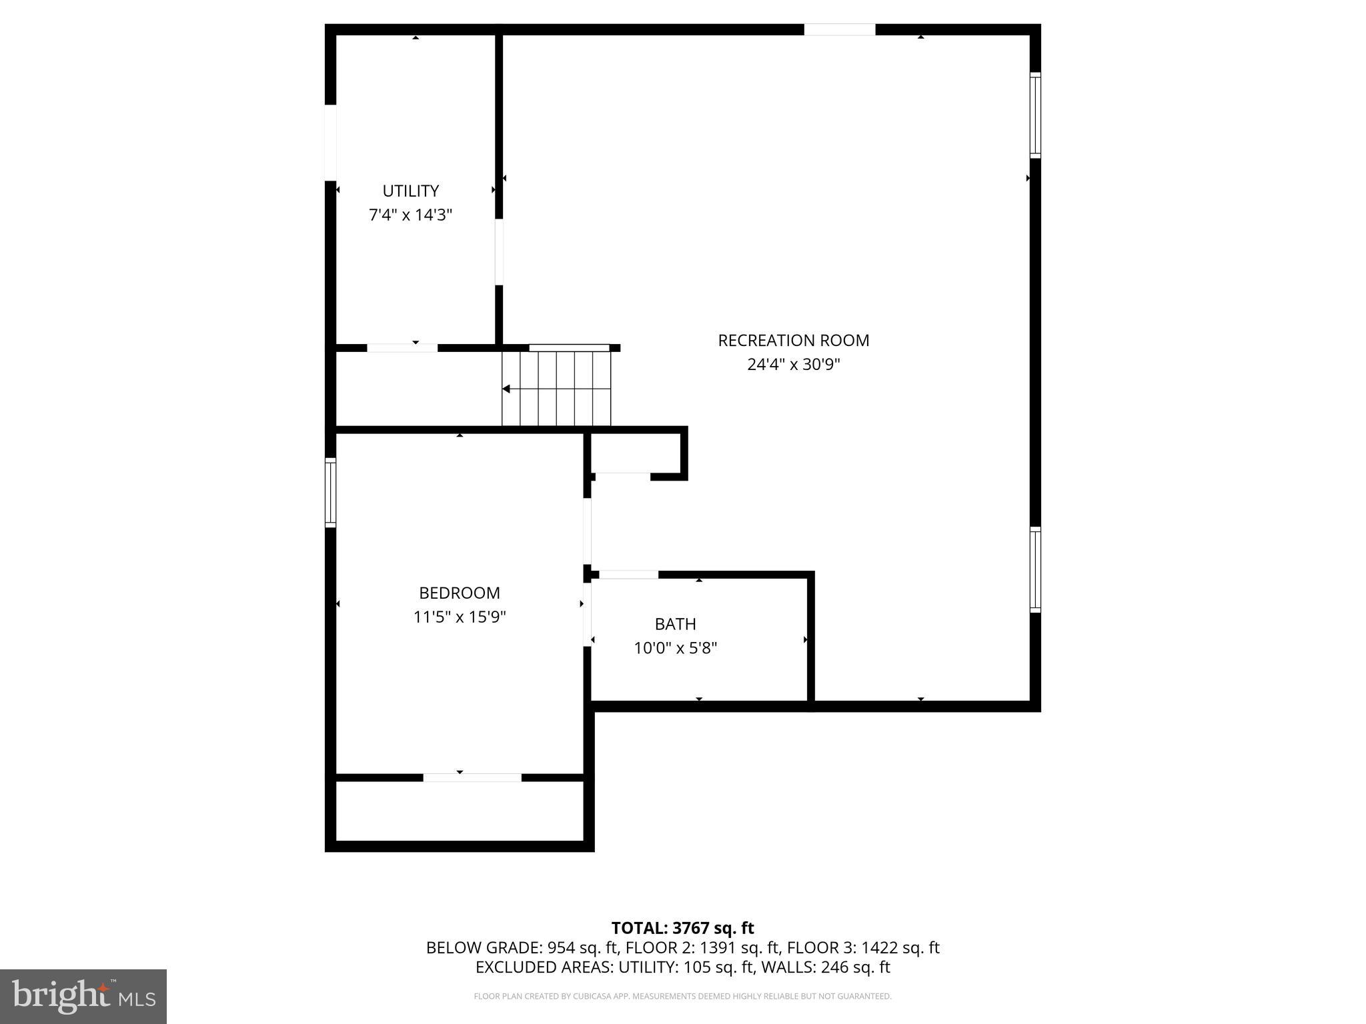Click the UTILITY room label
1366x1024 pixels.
tap(410, 191)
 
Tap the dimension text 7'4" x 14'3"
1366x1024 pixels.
tap(410, 215)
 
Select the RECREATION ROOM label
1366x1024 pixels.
tap(793, 340)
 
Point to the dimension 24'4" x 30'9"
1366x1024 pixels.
tap(793, 364)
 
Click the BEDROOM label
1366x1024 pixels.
tap(459, 593)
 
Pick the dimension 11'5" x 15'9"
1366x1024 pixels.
tap(459, 617)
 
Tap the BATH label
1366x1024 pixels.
tap(675, 624)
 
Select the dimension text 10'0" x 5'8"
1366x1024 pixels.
tap(675, 648)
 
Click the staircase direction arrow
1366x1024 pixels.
tap(507, 389)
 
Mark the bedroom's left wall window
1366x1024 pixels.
tap(330, 493)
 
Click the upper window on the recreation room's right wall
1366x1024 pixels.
tap(1035, 115)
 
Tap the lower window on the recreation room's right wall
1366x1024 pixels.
tap(1035, 569)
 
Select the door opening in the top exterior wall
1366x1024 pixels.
tap(839, 29)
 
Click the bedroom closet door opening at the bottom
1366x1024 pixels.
tap(472, 777)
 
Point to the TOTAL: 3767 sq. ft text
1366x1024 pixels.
tap(682, 928)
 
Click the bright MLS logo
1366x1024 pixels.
tap(83, 997)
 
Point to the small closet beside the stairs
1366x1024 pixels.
tap(636, 453)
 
